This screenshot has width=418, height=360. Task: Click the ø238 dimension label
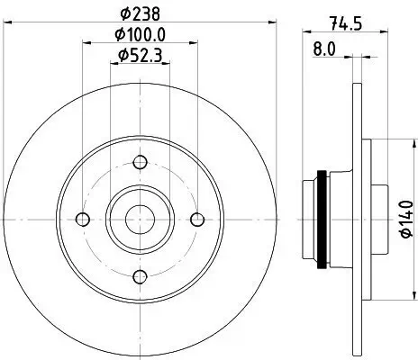tap(140, 13)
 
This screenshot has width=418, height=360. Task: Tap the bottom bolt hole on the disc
tap(140, 275)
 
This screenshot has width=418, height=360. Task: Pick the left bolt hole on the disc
tap(83, 219)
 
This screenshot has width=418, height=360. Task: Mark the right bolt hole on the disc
tap(196, 219)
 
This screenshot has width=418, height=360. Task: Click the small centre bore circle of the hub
tap(140, 219)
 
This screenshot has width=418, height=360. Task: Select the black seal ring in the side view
tap(320, 219)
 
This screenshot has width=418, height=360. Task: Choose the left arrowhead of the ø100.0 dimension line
tap(86, 42)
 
